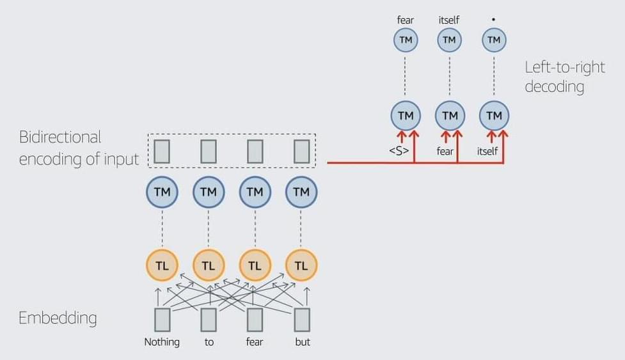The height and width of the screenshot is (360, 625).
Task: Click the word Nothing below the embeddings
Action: [x=162, y=342]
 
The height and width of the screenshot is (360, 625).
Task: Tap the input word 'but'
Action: [x=303, y=342]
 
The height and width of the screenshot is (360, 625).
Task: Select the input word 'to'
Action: [x=209, y=342]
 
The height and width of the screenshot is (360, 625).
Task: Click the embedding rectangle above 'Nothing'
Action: [x=162, y=319]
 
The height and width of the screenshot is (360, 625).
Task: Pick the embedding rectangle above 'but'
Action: [x=302, y=319]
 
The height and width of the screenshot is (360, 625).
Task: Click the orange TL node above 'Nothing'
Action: [x=162, y=265]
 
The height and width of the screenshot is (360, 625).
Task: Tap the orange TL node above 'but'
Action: [x=301, y=265]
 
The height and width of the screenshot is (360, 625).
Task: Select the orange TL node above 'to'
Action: [x=209, y=265]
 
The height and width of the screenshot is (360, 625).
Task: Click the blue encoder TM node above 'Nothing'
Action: [x=162, y=191]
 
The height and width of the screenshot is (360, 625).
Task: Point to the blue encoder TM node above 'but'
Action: [x=301, y=191]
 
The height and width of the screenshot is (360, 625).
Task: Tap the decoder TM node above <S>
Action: [x=406, y=116]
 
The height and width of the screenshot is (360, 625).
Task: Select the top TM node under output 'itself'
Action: [x=449, y=40]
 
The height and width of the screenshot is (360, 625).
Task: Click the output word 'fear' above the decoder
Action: [x=406, y=20]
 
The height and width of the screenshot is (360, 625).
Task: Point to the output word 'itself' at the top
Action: [x=449, y=20]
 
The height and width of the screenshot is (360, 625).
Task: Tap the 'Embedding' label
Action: [x=58, y=318]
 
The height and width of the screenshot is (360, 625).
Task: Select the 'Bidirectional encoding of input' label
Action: [x=78, y=148]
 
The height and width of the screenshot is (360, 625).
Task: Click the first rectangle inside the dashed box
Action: [x=162, y=151]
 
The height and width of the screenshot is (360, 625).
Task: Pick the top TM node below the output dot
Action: [x=493, y=40]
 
